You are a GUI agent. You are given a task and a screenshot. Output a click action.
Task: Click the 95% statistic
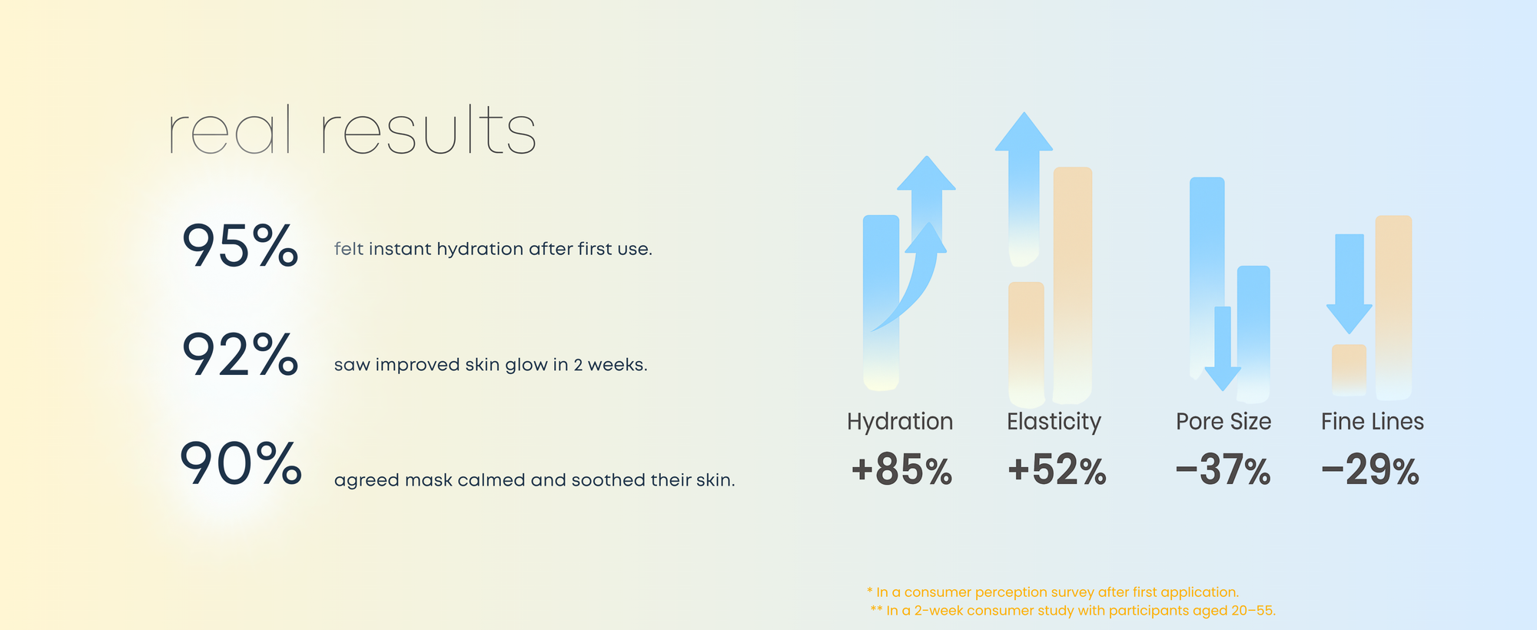[x=240, y=246]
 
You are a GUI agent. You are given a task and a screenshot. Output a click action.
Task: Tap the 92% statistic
[x=240, y=354]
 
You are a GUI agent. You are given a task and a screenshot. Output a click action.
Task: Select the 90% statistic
[x=241, y=464]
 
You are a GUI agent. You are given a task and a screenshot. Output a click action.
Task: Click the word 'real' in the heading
[x=230, y=130]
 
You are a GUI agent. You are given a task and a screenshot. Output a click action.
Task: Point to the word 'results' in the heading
[x=428, y=130]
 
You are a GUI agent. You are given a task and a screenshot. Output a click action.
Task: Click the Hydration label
[x=900, y=422]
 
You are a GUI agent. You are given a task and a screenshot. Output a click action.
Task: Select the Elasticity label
[x=1054, y=422]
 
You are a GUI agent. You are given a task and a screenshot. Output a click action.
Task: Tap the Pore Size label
[x=1223, y=422]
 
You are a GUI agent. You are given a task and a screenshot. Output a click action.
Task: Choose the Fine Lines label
[x=1373, y=422]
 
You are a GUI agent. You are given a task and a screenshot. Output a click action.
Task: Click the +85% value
[x=901, y=470]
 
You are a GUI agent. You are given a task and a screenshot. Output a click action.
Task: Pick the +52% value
[x=1057, y=470]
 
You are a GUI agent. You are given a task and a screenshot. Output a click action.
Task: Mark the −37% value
[x=1223, y=470]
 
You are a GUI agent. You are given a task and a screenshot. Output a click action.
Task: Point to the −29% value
[x=1370, y=470]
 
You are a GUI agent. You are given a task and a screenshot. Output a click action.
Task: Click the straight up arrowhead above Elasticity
[x=1024, y=131]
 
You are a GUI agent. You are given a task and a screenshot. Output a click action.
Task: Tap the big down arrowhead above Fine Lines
[x=1349, y=319]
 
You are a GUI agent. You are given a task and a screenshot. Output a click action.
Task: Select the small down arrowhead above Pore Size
[x=1223, y=379]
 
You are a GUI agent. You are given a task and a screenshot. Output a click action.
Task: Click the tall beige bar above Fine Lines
[x=1393, y=307]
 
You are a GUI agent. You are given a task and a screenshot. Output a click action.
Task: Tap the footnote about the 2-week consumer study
[x=1073, y=611]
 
